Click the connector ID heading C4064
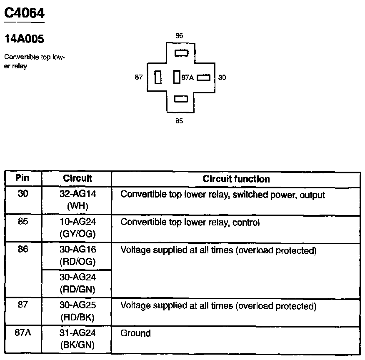coord(24,13)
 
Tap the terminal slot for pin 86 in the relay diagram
coord(181,53)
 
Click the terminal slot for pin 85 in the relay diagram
coord(181,99)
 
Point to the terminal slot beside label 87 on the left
coord(158,77)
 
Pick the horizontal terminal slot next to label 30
coord(203,77)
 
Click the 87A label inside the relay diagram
coord(187,77)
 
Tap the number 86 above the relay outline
coord(179,36)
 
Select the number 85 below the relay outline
coord(179,121)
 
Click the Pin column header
coord(22,178)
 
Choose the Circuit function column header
coord(236,179)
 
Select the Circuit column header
coord(77,178)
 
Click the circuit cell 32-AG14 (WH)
coord(77,200)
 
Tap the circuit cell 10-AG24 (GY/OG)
coord(77,228)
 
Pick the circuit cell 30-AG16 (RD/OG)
coord(77,256)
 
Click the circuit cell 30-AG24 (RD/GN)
coord(77,283)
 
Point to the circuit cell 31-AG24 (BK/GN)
coord(77,339)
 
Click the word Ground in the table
coord(135,333)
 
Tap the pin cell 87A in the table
coord(23,334)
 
